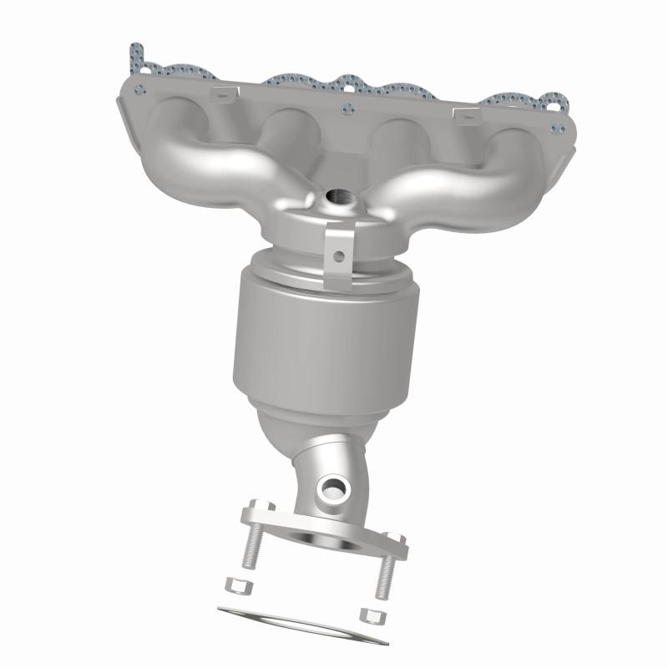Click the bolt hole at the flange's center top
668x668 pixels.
click(347, 106)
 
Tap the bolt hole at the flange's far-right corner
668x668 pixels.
click(554, 129)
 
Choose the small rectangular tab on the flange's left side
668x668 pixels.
click(220, 95)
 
